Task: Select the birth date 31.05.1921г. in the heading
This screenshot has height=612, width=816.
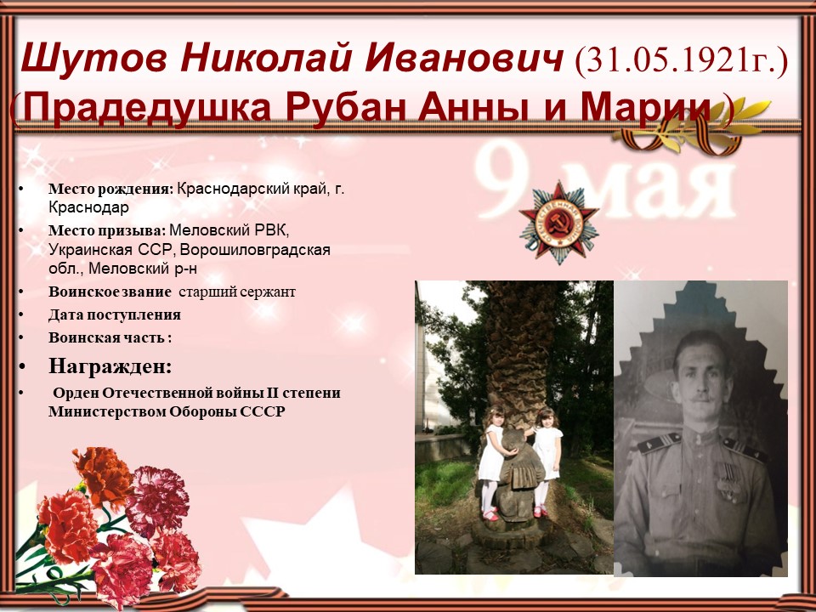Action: (681, 59)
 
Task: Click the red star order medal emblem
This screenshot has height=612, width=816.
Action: (559, 222)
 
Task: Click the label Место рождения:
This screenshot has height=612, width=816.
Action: (110, 190)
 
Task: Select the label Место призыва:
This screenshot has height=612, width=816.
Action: (107, 230)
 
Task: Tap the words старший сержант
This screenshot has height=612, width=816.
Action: (237, 292)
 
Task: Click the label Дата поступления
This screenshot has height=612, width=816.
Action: (115, 314)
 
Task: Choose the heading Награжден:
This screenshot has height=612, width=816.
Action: (110, 366)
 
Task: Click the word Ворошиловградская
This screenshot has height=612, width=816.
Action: (255, 250)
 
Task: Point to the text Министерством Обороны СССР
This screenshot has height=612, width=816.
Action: (167, 411)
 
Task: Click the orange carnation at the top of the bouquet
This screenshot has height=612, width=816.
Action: (103, 475)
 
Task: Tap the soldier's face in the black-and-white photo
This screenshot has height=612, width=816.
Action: (703, 374)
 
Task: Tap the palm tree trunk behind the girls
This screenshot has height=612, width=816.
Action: (518, 354)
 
